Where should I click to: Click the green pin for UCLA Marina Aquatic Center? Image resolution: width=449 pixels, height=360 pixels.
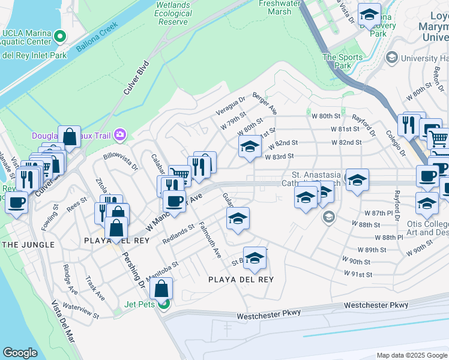pos(59,37)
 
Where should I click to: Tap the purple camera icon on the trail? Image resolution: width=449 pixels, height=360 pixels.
pos(121,134)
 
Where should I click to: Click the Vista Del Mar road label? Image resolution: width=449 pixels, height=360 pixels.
pos(62,329)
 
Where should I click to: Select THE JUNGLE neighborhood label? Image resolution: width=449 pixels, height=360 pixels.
pos(28,245)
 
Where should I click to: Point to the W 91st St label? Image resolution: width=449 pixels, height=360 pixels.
pos(358,274)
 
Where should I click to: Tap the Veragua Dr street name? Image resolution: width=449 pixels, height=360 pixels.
pos(231,107)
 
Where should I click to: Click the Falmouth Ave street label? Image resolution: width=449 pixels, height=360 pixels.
pos(209,240)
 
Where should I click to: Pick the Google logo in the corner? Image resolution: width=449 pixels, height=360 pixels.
pos(20,353)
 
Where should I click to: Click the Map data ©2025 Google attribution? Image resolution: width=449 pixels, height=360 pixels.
pos(411,355)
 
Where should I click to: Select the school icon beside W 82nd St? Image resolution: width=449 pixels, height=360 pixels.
pos(250,146)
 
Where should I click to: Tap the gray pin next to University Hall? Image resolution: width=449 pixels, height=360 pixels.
pos(393,58)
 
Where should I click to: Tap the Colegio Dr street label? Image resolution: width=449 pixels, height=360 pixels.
pos(393,127)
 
